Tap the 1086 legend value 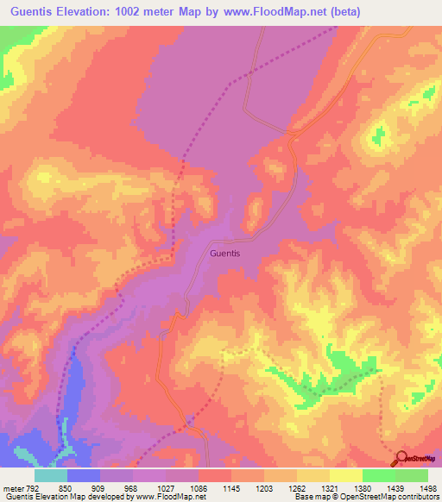(200, 489)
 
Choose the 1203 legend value (266, 489)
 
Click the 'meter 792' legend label (20, 489)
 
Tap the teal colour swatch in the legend (51, 475)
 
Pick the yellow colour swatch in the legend (345, 475)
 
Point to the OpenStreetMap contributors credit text (387, 498)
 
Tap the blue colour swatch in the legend (84, 475)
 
